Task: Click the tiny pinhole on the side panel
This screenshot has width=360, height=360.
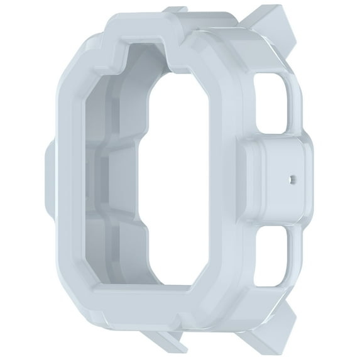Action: [290, 178]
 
